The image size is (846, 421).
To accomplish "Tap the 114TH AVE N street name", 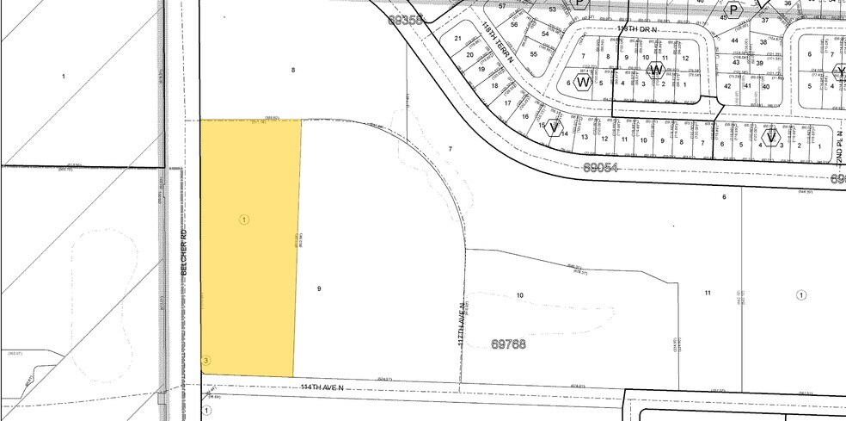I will tap(322, 387).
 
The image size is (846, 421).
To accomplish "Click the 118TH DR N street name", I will tap(637, 28).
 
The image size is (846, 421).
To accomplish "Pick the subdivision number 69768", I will tap(509, 344).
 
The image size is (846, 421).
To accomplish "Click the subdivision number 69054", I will tap(601, 168).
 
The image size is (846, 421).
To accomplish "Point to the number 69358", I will tap(407, 19).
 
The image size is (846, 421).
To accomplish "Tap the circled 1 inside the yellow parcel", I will tap(244, 220).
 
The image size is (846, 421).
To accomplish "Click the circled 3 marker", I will tap(205, 360).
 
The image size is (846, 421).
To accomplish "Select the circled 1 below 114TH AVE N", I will tap(206, 411).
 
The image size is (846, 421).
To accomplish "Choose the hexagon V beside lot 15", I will tap(554, 127).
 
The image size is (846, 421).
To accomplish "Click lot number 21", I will tap(458, 39).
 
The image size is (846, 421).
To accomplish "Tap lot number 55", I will tap(533, 54).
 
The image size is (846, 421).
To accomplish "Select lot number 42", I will tap(727, 86).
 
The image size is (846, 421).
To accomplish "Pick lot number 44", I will tap(735, 40).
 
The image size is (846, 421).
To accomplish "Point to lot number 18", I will tap(494, 85).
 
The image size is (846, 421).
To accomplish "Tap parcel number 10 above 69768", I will tap(519, 295).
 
